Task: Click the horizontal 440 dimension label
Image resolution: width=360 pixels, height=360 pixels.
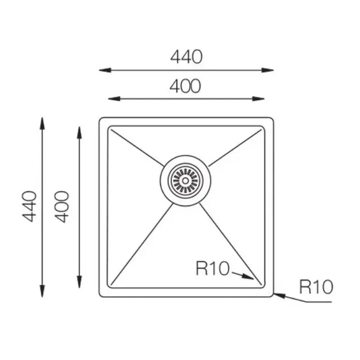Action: pos(186,57)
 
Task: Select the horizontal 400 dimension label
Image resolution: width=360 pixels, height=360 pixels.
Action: pos(185,86)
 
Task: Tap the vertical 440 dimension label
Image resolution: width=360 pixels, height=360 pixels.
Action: pos(29,206)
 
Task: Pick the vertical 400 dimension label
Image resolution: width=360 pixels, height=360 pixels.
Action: pos(62,207)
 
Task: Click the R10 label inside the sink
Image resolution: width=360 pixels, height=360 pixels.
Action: pos(213,268)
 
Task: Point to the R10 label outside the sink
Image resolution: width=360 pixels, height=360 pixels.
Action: pos(316,287)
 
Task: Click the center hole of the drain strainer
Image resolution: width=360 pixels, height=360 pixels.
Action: pos(185,181)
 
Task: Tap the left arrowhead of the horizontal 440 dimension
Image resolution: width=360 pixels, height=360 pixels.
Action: pos(105,70)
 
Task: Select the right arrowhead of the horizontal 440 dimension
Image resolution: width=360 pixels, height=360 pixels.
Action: pos(268,70)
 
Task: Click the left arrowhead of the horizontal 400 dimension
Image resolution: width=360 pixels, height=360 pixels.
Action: pos(114,99)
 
